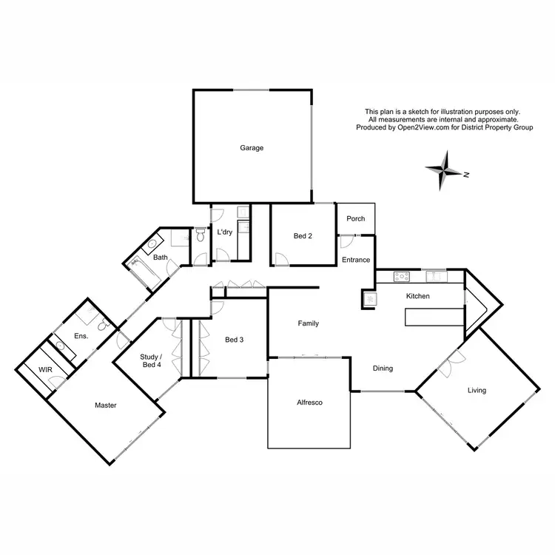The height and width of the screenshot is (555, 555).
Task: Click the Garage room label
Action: pos(252,148)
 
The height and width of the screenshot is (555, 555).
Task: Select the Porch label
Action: pos(356,218)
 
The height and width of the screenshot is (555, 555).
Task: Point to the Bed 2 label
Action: pos(303,236)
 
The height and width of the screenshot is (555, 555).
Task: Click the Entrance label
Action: pos(356,259)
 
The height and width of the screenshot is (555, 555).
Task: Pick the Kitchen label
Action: pos(418,296)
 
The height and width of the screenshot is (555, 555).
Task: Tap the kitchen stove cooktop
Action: pos(403,277)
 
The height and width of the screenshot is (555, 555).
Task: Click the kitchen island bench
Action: pos(433,317)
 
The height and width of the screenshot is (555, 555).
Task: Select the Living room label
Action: pos(477,390)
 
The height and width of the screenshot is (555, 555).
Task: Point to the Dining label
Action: pos(383,368)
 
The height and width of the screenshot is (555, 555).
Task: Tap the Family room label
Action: pos(309,323)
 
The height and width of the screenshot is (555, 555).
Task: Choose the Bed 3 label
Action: pos(234,340)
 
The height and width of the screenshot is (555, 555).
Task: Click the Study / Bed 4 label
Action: pos(150,360)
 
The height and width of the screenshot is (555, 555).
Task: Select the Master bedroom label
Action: pos(106,405)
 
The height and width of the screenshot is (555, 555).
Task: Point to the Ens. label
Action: pos(81,336)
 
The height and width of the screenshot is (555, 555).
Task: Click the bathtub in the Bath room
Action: pos(145,272)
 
